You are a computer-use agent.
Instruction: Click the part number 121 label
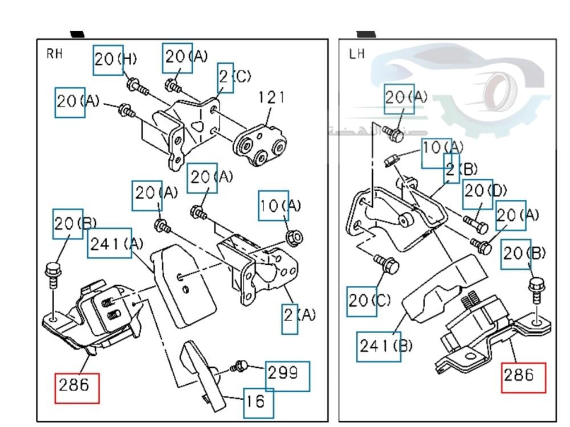pyautogui.click(x=271, y=97)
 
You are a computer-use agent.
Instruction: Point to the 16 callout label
pyautogui.click(x=257, y=401)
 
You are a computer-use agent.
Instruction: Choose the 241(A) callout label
pyautogui.click(x=116, y=245)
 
